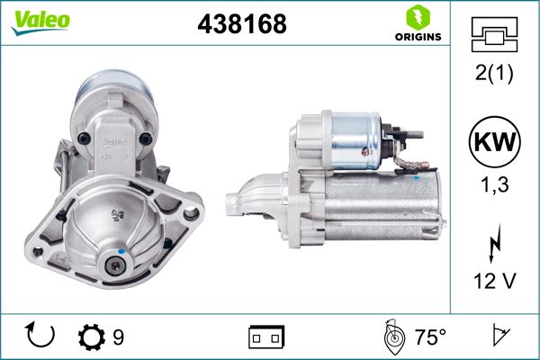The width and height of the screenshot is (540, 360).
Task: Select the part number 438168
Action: [x=241, y=24]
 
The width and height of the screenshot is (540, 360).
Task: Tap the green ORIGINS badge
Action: [x=417, y=24]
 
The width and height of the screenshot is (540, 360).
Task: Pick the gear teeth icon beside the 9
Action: [x=92, y=337]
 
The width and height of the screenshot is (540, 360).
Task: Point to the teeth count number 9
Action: [x=119, y=337]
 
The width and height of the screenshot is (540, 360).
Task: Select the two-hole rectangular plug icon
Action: [x=266, y=337]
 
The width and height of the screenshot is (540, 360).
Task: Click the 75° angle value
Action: [x=430, y=337]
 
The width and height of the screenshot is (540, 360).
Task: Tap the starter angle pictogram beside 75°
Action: [x=392, y=337]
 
